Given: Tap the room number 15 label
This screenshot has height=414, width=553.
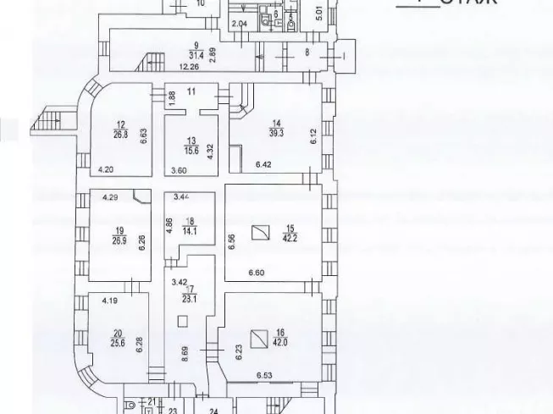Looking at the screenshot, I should [x=289, y=228].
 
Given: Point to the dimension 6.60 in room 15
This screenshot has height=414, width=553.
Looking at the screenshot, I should [x=258, y=273].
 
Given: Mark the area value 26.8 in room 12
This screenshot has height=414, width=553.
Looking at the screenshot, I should [x=121, y=132].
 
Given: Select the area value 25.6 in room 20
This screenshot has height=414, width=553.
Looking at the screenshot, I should [x=117, y=341].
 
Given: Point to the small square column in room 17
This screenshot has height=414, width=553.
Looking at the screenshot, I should [x=183, y=321].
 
